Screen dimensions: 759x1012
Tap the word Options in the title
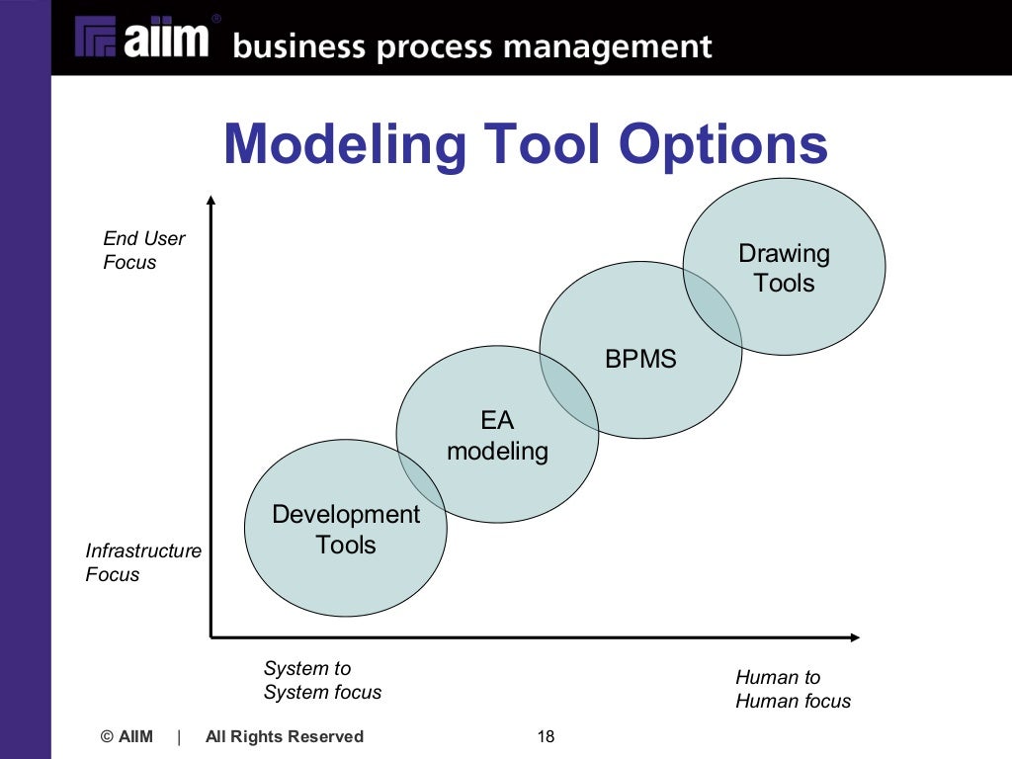pyautogui.click(x=722, y=144)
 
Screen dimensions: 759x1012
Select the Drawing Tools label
pyautogui.click(x=784, y=269)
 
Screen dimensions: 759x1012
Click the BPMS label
pyautogui.click(x=640, y=359)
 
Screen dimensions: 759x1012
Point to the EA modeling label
pyautogui.click(x=497, y=436)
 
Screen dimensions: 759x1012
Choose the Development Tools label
pyautogui.click(x=346, y=530)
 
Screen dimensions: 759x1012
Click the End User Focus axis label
pyautogui.click(x=144, y=250)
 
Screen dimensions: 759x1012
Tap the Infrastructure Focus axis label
pyautogui.click(x=143, y=562)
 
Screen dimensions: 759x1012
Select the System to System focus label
pyautogui.click(x=322, y=681)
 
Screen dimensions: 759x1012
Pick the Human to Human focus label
pyautogui.click(x=793, y=689)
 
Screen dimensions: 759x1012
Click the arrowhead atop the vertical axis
pyautogui.click(x=211, y=201)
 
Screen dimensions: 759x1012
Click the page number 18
pyautogui.click(x=546, y=736)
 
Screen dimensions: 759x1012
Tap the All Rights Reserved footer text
pyautogui.click(x=285, y=736)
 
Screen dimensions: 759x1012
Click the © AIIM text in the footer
pyautogui.click(x=127, y=736)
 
